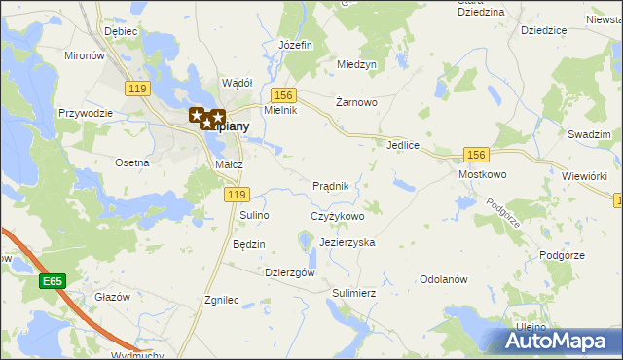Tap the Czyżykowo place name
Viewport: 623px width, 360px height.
pos(337,216)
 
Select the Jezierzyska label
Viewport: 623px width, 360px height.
pos(347,242)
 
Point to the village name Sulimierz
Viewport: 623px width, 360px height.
pos(353,292)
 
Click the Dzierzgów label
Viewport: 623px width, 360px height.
pos(290,273)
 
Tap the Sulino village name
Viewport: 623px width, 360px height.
pos(254,214)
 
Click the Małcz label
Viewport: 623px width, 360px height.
pos(229,165)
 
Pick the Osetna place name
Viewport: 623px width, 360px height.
pos(131,162)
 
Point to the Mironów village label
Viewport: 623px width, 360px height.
pos(84,56)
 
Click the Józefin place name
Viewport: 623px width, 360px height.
pos(295,46)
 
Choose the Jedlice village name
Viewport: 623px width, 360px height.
pos(402,145)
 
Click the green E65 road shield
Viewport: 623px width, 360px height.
pos(53,281)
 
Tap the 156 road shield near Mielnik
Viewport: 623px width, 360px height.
pos(283,94)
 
